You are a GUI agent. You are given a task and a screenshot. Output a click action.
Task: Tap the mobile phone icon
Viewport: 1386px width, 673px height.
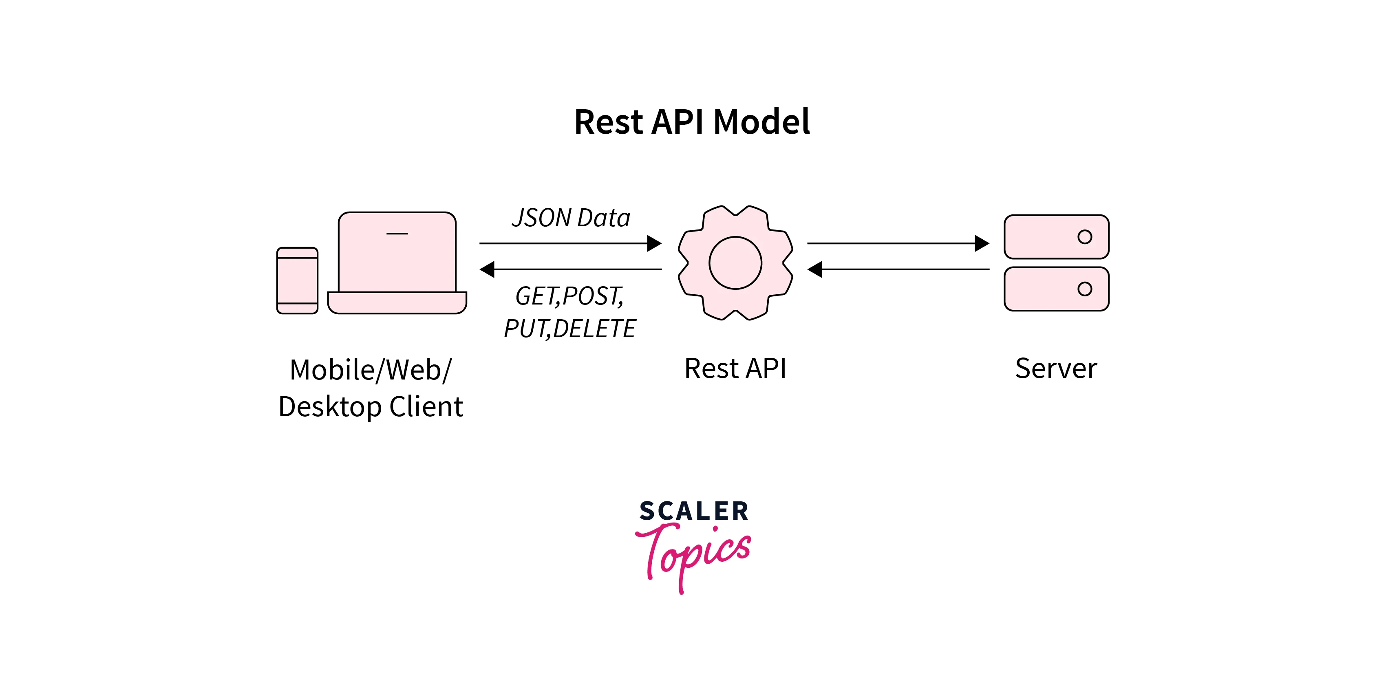tap(297, 280)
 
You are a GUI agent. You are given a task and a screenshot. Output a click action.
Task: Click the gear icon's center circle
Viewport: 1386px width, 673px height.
tap(735, 263)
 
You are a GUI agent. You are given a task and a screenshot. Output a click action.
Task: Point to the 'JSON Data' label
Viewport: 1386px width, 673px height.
tap(571, 218)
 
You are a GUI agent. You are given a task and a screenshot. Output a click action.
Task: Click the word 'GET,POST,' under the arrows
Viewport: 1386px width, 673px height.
tap(569, 296)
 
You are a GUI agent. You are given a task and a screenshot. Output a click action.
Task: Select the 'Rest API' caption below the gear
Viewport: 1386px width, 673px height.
tap(735, 368)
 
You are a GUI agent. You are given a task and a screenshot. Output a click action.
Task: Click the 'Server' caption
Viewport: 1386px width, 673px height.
tap(1056, 368)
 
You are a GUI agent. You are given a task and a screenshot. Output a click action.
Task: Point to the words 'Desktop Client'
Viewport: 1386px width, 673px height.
tap(370, 407)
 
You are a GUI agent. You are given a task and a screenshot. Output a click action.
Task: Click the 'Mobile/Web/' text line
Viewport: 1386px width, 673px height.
tap(370, 370)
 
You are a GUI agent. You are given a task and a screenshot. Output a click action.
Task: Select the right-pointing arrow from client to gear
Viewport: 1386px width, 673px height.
tap(570, 243)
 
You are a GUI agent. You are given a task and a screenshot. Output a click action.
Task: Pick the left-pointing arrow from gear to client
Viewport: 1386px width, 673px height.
tap(570, 269)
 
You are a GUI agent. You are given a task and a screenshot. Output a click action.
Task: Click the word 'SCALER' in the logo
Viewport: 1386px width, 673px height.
tap(693, 511)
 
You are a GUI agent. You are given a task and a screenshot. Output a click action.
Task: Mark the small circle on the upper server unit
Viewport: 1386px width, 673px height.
tap(1084, 237)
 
